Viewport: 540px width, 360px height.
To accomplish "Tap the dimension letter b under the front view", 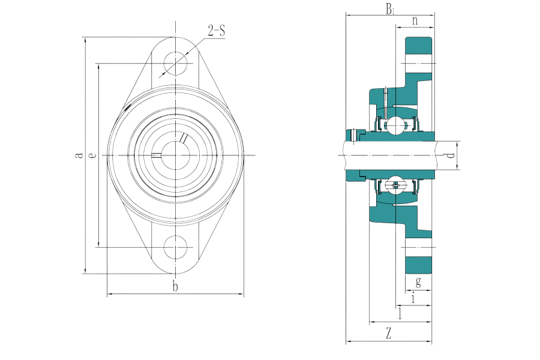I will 175,287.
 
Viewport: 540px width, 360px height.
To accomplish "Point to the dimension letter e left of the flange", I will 92,155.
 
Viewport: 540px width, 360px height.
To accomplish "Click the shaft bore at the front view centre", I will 175,154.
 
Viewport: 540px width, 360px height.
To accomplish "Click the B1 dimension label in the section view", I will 391,8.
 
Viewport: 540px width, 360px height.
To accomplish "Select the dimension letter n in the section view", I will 415,20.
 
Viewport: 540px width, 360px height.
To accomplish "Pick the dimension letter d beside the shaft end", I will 451,155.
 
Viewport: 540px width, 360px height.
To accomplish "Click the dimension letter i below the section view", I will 413,298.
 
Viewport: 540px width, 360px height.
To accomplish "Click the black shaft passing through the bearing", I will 390,155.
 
